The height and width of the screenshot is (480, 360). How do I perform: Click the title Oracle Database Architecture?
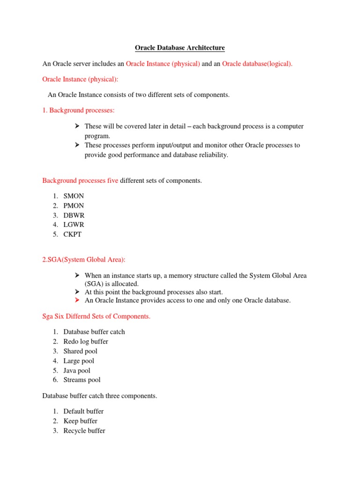click(180, 48)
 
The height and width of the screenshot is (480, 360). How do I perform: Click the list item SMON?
click(74, 196)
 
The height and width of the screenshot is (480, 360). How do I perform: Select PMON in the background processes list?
click(74, 206)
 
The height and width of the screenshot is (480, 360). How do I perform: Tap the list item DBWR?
click(74, 215)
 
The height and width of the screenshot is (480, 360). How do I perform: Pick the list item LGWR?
click(74, 225)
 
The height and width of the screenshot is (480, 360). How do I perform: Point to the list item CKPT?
click(73, 234)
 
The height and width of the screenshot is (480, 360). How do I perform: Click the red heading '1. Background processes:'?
click(78, 110)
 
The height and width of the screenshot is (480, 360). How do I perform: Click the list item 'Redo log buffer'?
click(86, 342)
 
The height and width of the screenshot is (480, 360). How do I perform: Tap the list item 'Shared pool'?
click(81, 351)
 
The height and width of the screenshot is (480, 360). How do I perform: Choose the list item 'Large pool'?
click(79, 361)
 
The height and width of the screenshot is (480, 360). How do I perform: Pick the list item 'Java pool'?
click(77, 370)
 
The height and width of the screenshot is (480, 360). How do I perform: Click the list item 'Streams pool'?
click(82, 380)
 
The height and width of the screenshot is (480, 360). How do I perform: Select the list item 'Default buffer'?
click(83, 412)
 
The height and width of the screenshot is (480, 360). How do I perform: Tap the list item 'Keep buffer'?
click(81, 421)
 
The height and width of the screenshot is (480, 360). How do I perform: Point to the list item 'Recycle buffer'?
click(84, 431)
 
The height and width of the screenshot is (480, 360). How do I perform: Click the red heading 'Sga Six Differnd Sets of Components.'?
click(97, 316)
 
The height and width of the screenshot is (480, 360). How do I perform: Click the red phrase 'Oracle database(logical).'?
click(257, 64)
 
